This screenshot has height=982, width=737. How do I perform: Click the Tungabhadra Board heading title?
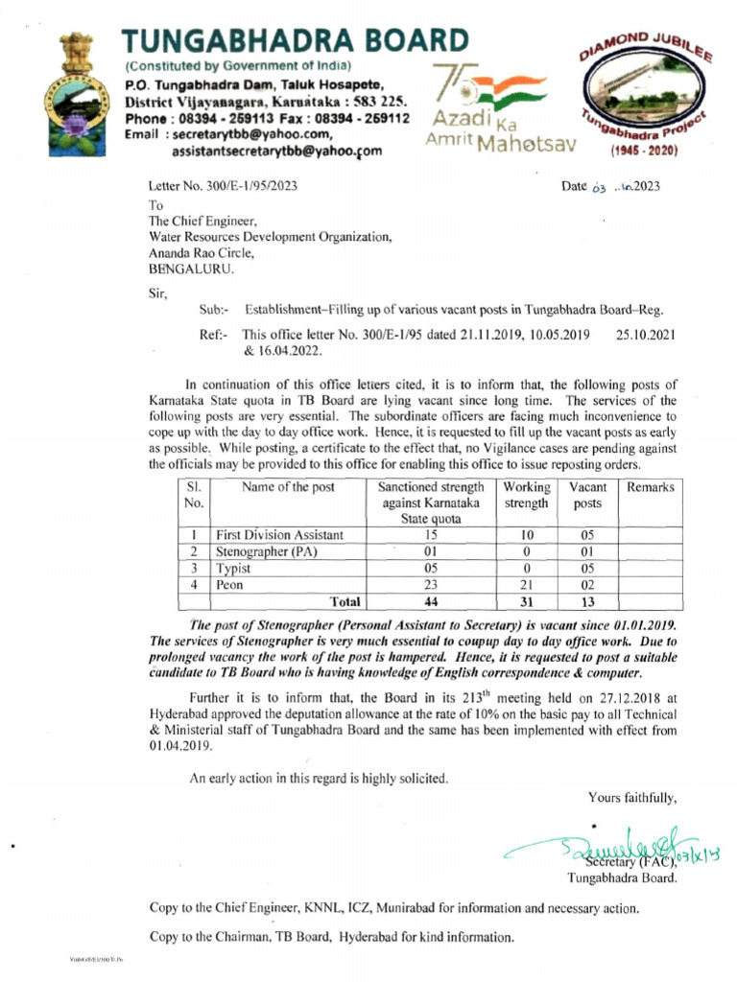(296, 39)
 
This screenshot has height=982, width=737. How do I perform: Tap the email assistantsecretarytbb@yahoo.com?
(276, 151)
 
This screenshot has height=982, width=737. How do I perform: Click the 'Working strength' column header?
(526, 495)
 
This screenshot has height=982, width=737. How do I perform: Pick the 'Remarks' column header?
(651, 487)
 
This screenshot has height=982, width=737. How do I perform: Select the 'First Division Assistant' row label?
(279, 535)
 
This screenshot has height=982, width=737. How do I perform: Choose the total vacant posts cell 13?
(587, 601)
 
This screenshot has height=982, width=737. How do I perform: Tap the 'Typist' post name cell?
(234, 568)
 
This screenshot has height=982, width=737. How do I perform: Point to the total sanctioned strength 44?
(430, 601)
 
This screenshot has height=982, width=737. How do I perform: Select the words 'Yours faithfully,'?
(632, 797)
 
